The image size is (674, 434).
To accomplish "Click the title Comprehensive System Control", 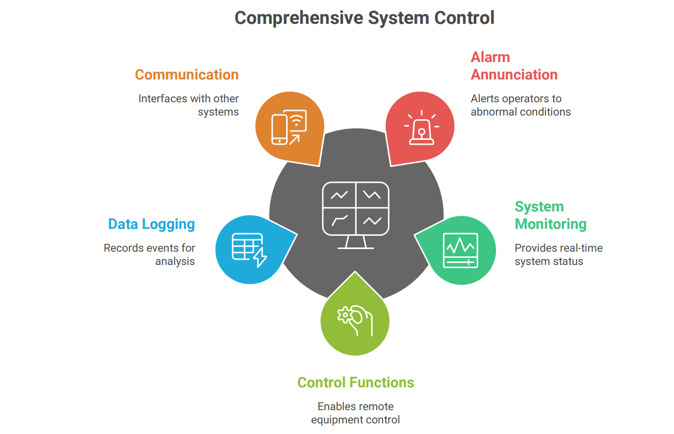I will coord(364,18).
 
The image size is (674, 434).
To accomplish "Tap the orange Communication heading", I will coord(187,75).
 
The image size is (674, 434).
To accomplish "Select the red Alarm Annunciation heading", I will coord(514,66).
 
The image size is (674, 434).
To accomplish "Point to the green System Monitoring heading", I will coord(551,215).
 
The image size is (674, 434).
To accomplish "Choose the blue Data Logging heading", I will coord(152,224).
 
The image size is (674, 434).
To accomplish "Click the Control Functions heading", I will coord(356,383).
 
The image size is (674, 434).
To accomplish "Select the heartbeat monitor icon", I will coord(460,250).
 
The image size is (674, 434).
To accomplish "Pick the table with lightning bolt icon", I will coord(249,250).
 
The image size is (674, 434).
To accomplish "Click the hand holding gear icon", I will coord(355,320).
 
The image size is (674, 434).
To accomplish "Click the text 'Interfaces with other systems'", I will coord(189,105).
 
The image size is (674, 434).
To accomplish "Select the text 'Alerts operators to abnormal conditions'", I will coord(520,105).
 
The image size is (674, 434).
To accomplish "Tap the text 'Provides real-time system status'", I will coord(558,255).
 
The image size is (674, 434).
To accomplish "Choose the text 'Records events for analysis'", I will coord(149,255).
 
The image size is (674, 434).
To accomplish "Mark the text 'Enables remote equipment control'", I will coord(356,413).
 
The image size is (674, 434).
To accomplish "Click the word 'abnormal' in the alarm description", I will coord(493,112).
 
